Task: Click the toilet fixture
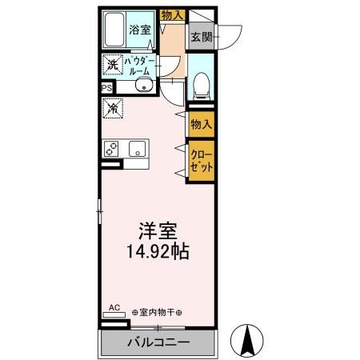(x=202, y=82)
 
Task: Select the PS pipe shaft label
(x=106, y=89)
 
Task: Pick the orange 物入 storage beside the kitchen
(x=201, y=123)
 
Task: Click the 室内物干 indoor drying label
(x=157, y=312)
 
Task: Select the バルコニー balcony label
(x=158, y=343)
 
